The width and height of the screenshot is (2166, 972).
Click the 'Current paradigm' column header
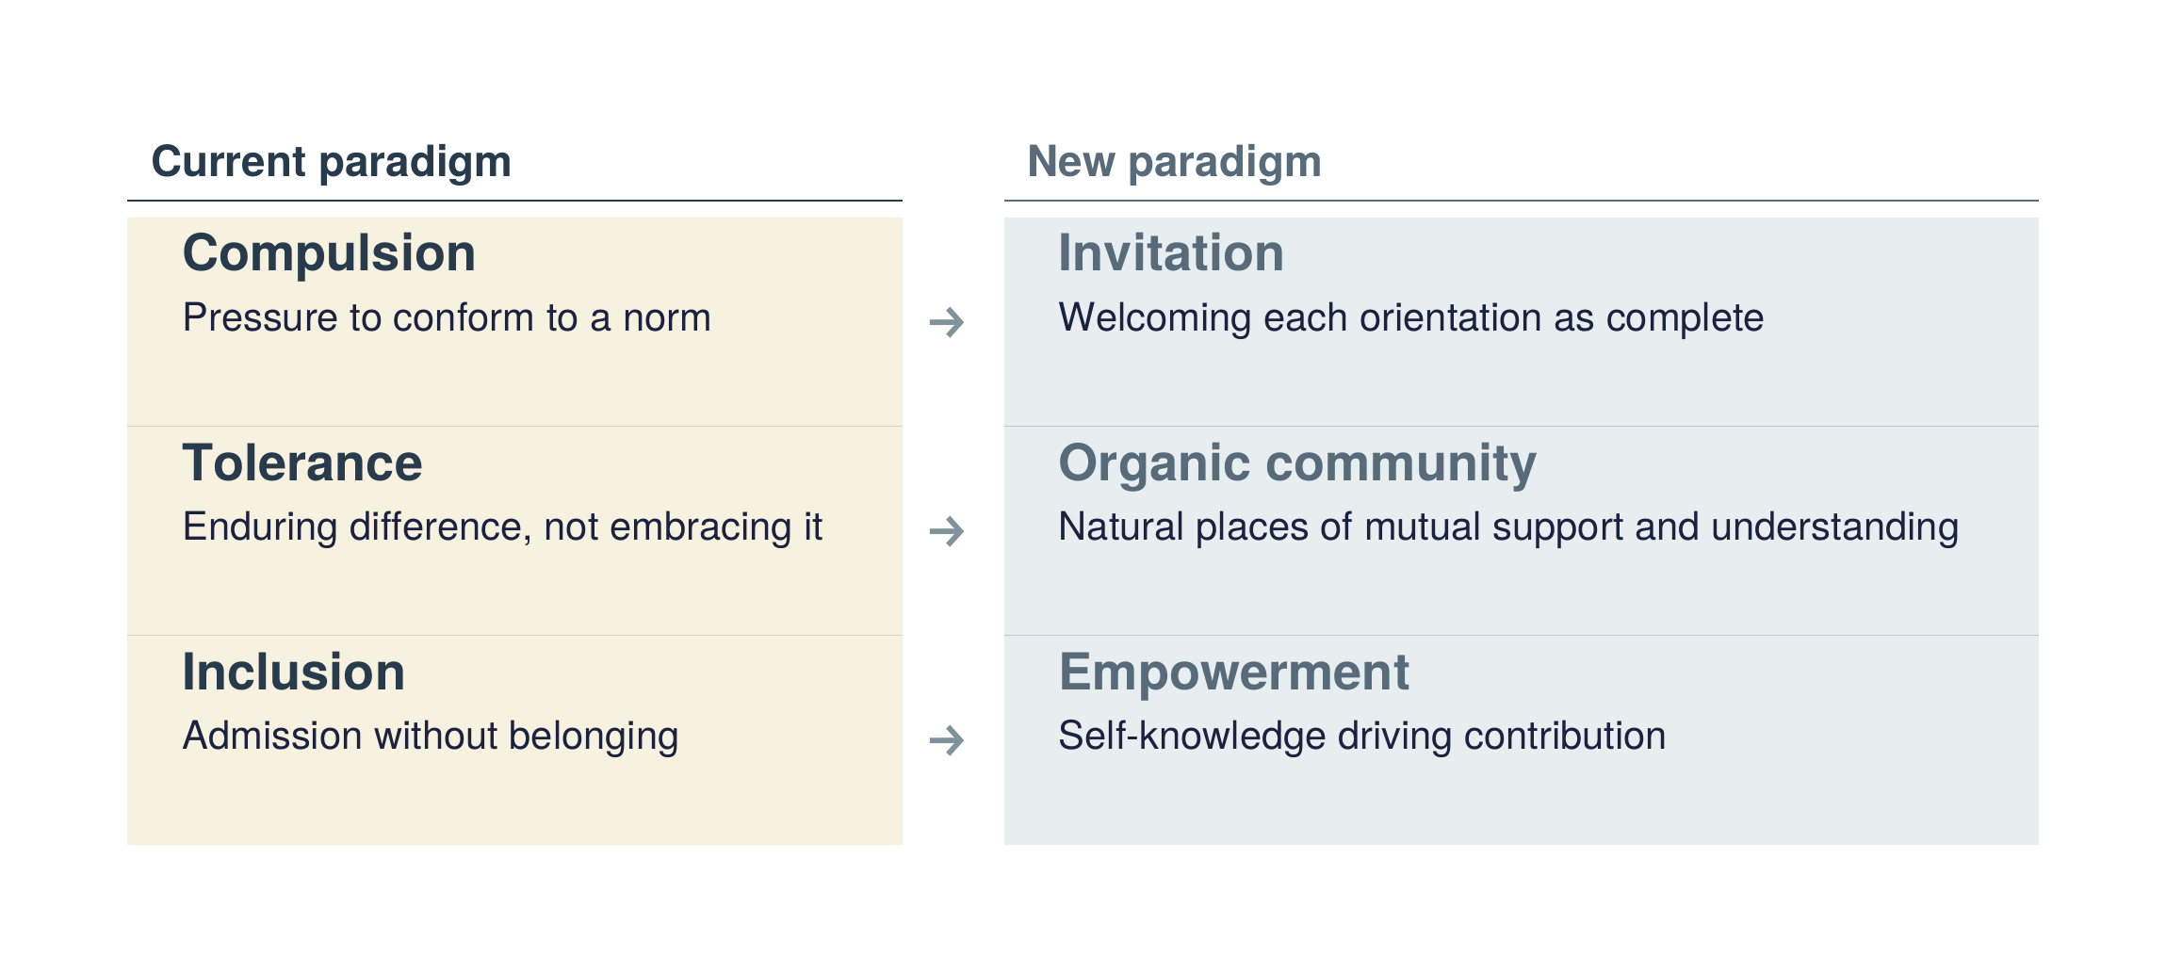(x=331, y=163)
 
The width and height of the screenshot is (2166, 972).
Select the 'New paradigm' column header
(x=1174, y=163)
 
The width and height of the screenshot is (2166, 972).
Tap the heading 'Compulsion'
(x=329, y=254)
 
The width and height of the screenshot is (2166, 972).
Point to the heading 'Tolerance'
(x=302, y=462)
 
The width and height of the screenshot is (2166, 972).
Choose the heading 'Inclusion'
(x=294, y=672)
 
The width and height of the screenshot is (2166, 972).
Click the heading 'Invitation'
(x=1171, y=253)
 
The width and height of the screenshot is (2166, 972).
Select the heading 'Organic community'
(x=1297, y=464)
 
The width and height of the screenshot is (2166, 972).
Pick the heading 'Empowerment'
(x=1234, y=673)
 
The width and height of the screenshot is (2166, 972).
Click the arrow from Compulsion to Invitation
(x=947, y=322)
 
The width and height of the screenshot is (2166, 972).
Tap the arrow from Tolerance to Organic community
(x=947, y=531)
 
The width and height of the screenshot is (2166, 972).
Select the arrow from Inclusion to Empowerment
(x=947, y=740)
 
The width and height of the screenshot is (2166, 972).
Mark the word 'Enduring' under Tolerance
(x=260, y=528)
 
